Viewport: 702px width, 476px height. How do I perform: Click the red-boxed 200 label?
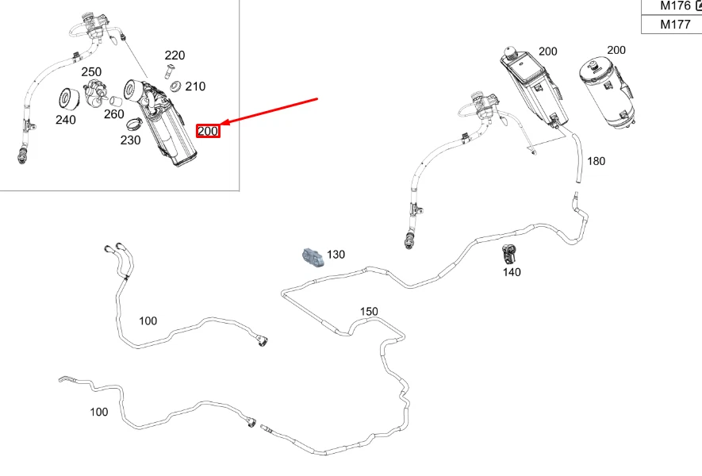[x=208, y=131]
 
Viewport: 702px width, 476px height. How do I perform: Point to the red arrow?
[x=269, y=111]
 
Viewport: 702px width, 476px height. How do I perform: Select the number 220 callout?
[x=175, y=55]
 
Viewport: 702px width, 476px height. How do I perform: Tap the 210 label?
[x=195, y=86]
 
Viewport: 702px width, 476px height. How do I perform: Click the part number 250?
[x=91, y=71]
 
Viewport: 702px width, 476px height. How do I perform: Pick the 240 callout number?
[x=66, y=120]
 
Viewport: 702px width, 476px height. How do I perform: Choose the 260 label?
[x=113, y=114]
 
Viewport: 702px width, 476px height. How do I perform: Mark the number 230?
[x=130, y=140]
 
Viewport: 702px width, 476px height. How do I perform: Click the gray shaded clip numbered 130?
[x=313, y=257]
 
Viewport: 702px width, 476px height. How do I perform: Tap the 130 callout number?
[x=336, y=255]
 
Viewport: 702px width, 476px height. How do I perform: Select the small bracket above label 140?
[x=509, y=254]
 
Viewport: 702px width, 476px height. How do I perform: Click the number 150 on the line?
[x=369, y=311]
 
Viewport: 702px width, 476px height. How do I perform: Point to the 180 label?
[x=596, y=161]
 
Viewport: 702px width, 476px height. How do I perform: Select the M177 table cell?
[x=672, y=24]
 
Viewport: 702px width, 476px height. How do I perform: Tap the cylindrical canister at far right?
[x=607, y=92]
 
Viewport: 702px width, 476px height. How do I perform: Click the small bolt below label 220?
[x=170, y=71]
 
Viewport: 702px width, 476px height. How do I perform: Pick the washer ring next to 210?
[x=175, y=86]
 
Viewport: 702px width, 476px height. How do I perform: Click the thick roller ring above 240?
[x=69, y=99]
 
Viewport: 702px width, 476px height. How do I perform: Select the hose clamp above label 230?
[x=134, y=123]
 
